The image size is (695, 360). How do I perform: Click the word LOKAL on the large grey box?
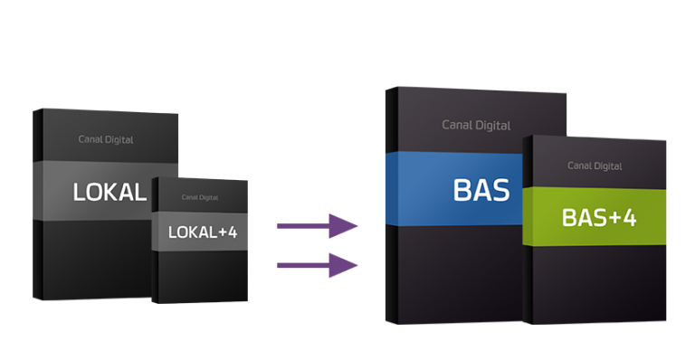click(x=109, y=192)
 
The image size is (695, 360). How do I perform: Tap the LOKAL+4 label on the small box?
click(x=203, y=232)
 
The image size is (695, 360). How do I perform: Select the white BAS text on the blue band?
click(x=481, y=191)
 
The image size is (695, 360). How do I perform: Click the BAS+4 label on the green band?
click(x=599, y=217)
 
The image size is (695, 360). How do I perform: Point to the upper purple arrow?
click(x=317, y=226)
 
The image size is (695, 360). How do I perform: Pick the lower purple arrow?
click(x=317, y=265)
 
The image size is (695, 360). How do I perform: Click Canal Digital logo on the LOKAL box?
click(x=106, y=139)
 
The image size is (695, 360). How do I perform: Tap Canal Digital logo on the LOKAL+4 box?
click(x=200, y=197)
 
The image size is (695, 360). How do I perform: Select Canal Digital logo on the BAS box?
click(x=476, y=126)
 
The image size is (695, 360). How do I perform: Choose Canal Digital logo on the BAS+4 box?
click(x=595, y=166)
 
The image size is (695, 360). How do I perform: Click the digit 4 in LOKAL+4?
click(x=233, y=232)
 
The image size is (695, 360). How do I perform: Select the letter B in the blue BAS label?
click(x=462, y=191)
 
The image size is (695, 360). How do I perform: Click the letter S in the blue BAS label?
click(x=501, y=191)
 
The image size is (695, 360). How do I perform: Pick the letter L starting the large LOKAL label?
click(x=79, y=192)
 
